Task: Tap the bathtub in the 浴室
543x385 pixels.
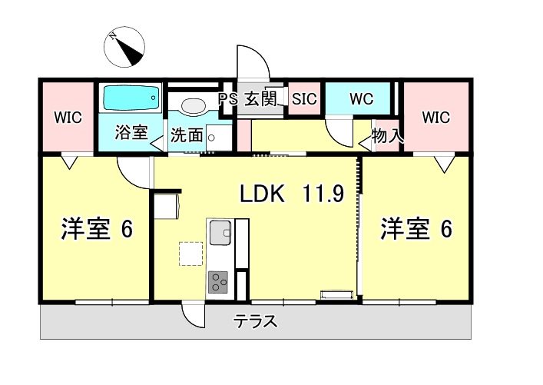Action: coord(131,98)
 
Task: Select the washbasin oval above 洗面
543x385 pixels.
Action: coord(189,106)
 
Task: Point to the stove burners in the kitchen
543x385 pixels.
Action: coord(219,282)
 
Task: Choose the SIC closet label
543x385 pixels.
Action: coord(304,99)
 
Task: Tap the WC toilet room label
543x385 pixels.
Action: coord(361,99)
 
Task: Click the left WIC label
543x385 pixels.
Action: coord(67,118)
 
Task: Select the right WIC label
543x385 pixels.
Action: coord(435,118)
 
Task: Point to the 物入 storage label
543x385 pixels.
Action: coord(387,136)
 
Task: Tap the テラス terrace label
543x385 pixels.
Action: coord(256,322)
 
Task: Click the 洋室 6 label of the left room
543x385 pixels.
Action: coord(97,229)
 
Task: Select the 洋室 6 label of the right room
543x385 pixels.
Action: coord(416,229)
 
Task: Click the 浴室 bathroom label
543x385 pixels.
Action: coord(131,131)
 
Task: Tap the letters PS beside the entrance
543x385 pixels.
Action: coord(228,99)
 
